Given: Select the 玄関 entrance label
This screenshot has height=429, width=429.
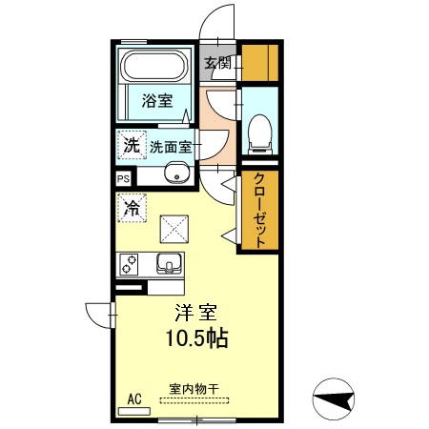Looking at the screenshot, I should click(216, 64).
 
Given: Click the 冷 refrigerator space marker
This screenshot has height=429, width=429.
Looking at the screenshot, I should click(132, 206).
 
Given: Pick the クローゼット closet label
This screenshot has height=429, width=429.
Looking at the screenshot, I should click(258, 211).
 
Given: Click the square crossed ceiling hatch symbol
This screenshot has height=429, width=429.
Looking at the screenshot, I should click(174, 229).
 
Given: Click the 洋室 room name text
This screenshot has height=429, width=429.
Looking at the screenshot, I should click(196, 313).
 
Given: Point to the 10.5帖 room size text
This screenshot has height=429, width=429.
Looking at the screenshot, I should click(194, 337).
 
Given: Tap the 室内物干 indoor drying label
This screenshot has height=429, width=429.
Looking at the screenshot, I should click(194, 389).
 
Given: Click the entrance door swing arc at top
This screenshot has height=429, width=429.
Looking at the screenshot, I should click(220, 19).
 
